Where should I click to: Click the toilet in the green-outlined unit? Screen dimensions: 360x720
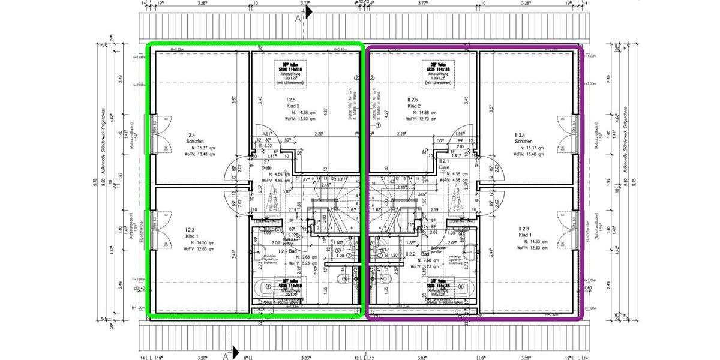(x=343, y=278)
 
